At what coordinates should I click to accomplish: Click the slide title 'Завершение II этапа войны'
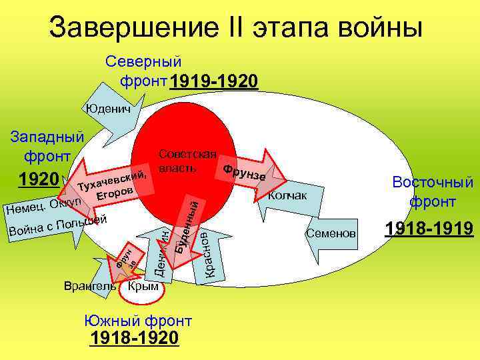(x=236, y=28)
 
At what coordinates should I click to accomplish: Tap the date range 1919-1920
(x=213, y=82)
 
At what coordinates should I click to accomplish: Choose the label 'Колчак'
(x=287, y=195)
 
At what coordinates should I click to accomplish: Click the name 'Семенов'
(x=331, y=233)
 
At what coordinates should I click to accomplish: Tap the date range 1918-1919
(x=429, y=230)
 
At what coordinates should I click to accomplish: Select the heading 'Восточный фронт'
(x=433, y=191)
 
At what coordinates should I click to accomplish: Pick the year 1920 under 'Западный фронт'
(x=37, y=179)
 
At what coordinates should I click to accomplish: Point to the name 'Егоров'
(x=117, y=193)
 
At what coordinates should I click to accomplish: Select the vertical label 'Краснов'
(x=209, y=253)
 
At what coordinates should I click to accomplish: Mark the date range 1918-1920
(x=134, y=338)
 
